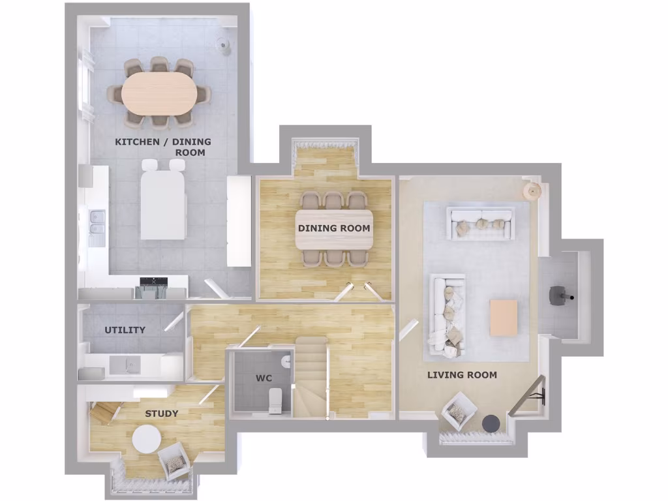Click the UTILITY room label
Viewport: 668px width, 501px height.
(x=125, y=330)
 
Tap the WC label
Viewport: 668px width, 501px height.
(x=264, y=378)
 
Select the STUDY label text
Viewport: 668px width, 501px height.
(x=161, y=414)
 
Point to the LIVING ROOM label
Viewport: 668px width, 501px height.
(x=462, y=375)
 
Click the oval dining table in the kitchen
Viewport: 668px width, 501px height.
(x=159, y=92)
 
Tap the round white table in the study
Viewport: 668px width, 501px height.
(x=146, y=439)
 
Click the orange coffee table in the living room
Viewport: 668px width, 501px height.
(x=504, y=318)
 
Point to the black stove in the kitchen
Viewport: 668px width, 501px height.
(x=154, y=286)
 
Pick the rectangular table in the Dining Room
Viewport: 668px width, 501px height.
(x=334, y=229)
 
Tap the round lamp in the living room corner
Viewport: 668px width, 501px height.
(x=534, y=191)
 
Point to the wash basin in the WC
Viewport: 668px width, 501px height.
(x=286, y=361)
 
